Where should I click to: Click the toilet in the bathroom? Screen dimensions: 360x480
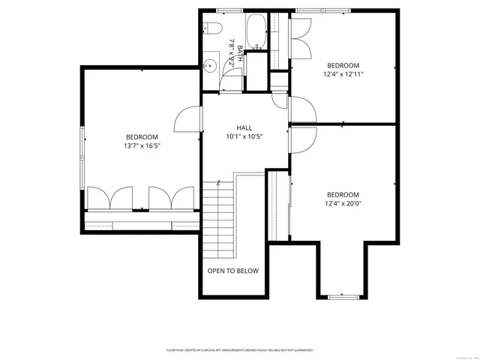211,30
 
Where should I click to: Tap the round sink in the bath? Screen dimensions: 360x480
210,66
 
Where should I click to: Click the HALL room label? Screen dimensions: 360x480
244,127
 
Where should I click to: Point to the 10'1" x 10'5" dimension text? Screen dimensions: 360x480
244,137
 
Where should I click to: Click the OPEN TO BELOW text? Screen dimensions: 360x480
233,271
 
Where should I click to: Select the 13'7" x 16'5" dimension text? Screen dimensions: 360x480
142,145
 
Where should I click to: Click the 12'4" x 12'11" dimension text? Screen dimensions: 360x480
343,74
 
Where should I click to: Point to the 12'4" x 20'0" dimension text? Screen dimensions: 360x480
343,203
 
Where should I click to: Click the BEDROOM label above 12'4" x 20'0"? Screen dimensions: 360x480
343,194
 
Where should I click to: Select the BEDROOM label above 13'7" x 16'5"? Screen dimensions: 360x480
142,136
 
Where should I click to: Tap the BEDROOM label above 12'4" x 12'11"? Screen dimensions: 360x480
343,65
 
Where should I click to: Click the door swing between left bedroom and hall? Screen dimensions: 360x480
189,120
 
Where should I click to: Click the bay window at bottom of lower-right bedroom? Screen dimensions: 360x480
344,297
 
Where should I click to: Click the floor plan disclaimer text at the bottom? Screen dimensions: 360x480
239,350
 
